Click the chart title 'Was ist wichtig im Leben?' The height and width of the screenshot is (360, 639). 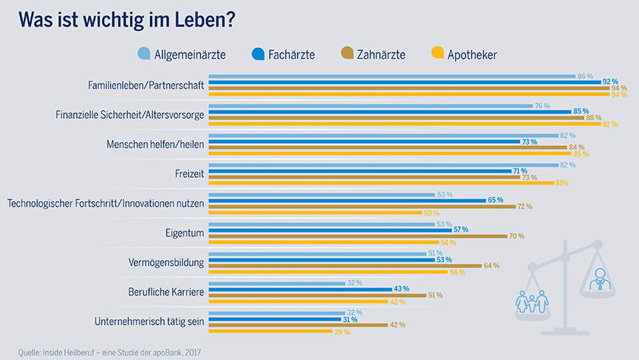coord(127,20)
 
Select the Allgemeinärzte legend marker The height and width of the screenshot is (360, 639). coord(144,54)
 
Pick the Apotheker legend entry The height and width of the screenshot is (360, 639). coord(465,54)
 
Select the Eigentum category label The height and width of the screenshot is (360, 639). coord(185,233)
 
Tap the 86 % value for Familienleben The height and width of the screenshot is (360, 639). coord(585,76)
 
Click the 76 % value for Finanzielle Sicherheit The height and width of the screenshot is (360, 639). coord(542,106)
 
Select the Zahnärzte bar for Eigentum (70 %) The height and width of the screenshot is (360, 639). coord(358,236)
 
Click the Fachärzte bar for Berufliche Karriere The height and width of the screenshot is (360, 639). coord(300,289)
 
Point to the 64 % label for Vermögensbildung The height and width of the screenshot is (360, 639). coord(491,265)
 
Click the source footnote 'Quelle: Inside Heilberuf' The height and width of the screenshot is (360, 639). coord(109,351)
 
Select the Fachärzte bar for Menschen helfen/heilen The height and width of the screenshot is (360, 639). coord(365,141)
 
